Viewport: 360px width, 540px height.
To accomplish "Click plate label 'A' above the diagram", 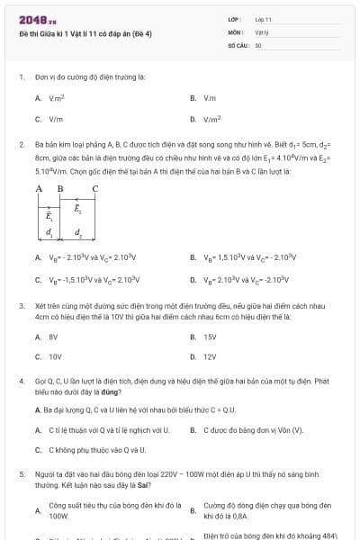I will click(x=39, y=188).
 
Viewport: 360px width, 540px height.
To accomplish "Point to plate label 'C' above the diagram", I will click(x=95, y=188).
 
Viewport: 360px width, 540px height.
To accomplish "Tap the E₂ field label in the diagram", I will click(x=77, y=208).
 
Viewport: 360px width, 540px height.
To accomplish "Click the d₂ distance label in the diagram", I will click(x=78, y=234).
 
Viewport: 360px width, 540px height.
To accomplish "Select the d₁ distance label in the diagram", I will click(x=49, y=234).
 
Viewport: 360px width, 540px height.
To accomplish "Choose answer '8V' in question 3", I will click(x=54, y=337).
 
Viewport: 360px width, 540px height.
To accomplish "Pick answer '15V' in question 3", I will click(x=211, y=337).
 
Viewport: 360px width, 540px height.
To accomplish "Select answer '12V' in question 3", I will click(x=211, y=357).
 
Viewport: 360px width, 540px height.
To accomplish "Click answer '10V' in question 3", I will click(x=55, y=357).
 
